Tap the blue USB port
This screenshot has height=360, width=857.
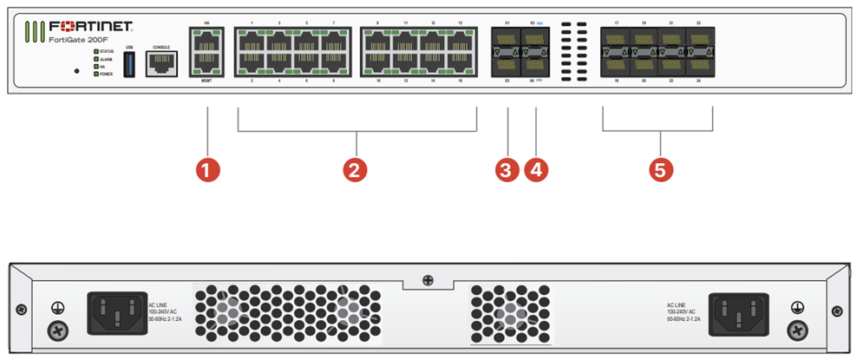(x=128, y=65)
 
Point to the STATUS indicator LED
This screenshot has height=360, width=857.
(x=95, y=51)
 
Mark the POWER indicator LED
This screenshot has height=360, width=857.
(x=95, y=75)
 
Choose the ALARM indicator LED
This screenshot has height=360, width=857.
(x=95, y=59)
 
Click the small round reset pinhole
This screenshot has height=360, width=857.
(x=77, y=70)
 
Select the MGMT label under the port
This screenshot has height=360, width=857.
(x=206, y=80)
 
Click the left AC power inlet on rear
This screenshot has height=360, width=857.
(x=115, y=310)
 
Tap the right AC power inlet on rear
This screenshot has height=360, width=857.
(x=739, y=310)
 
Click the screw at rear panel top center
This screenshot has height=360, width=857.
(x=428, y=279)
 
